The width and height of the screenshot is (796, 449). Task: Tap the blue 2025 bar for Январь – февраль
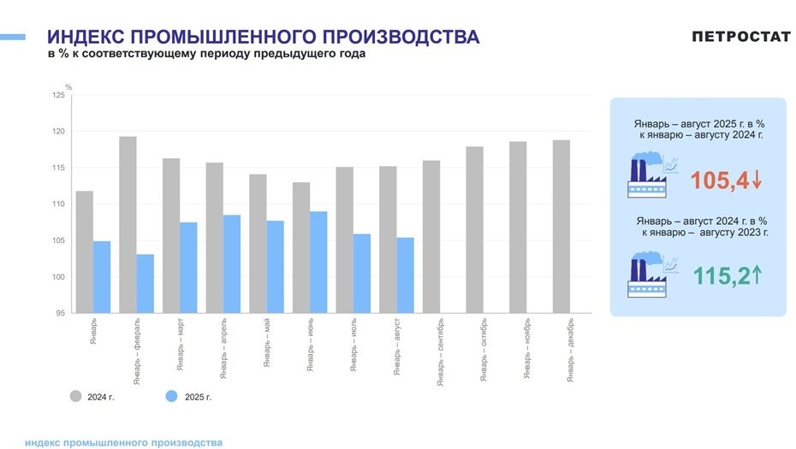[x=146, y=283]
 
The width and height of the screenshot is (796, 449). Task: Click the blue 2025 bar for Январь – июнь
[x=318, y=262]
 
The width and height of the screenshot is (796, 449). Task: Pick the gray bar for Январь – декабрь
[x=561, y=227]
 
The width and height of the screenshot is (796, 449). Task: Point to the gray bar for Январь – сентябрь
[x=431, y=236]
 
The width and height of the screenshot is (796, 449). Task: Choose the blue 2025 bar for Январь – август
[x=405, y=275]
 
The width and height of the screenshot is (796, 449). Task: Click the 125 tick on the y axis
[x=58, y=95]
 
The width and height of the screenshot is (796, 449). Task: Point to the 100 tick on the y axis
[x=58, y=277]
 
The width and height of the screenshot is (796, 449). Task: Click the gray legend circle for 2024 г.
[x=75, y=396]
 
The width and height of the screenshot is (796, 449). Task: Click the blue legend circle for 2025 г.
[x=171, y=396]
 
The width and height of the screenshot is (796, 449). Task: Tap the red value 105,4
[x=719, y=180]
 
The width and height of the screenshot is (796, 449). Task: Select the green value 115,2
[x=721, y=275]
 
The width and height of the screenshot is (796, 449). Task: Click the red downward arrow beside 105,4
[x=758, y=180]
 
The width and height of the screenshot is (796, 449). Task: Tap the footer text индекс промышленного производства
[x=124, y=442]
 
